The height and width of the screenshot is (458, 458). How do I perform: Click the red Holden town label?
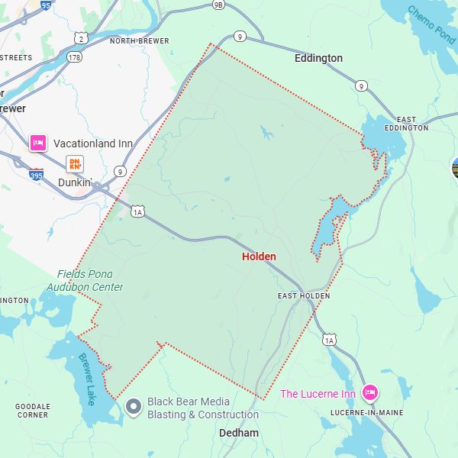(x=259, y=256)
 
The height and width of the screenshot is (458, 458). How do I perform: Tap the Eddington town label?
(x=318, y=58)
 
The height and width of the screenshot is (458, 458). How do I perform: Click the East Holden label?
(x=304, y=295)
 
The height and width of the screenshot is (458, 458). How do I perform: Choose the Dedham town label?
(x=238, y=433)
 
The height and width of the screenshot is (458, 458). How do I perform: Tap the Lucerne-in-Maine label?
(x=366, y=412)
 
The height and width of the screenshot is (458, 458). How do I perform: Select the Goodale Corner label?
(x=33, y=411)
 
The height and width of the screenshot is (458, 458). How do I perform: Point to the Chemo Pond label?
(x=431, y=24)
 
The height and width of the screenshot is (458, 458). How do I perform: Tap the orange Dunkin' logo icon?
(x=75, y=163)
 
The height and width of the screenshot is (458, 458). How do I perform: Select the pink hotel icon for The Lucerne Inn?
(x=370, y=393)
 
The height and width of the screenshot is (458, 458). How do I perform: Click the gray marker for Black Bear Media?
(x=134, y=407)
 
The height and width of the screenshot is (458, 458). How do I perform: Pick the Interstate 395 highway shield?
(x=36, y=175)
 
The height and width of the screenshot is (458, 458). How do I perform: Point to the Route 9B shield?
(x=219, y=5)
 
